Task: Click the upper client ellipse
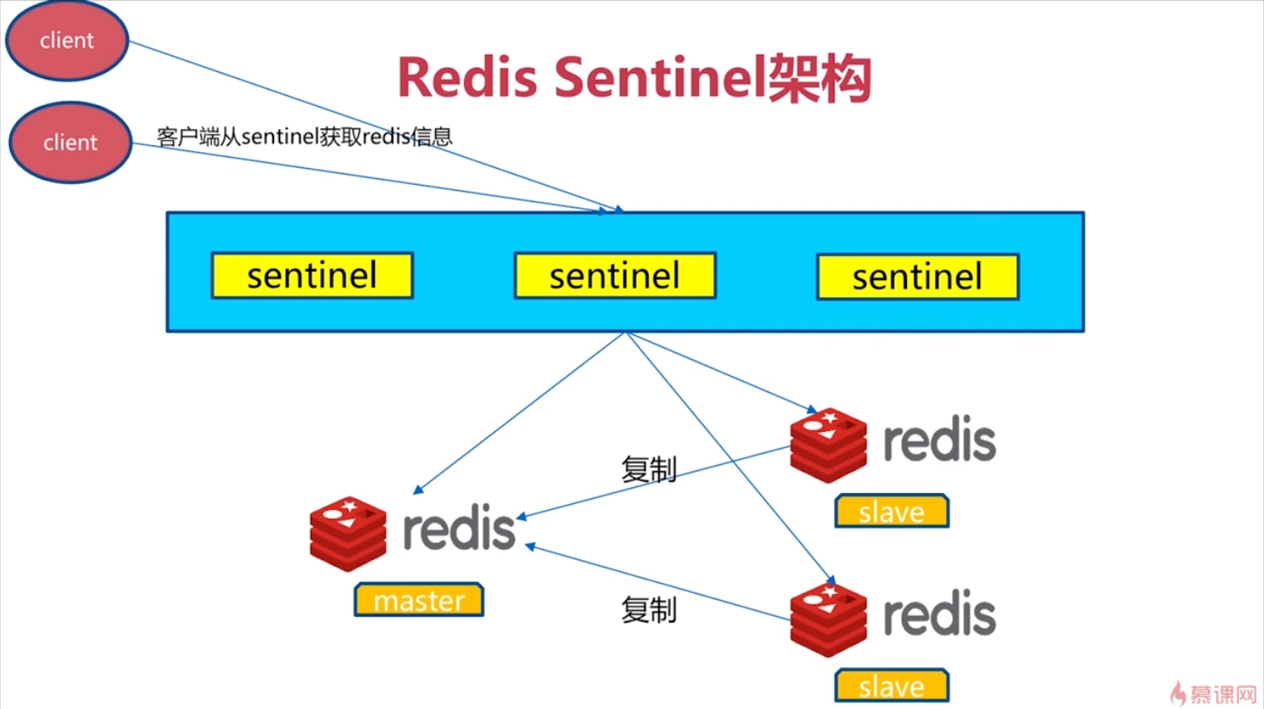pos(67,40)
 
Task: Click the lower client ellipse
pos(71,142)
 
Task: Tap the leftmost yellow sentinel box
pos(312,276)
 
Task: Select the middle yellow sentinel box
pos(615,276)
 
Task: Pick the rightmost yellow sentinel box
pos(918,276)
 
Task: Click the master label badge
pos(419,600)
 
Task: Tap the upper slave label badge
pos(892,511)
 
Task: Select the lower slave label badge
pos(892,685)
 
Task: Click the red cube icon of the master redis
pos(348,533)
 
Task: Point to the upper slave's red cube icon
pos(829,445)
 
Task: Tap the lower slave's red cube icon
pos(829,621)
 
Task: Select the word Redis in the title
pos(467,78)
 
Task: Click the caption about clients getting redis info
pos(305,136)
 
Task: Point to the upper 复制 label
pos(649,470)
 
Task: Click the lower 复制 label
pos(649,610)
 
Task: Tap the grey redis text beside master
pos(460,528)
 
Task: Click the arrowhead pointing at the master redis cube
pos(419,490)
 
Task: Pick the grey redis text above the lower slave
pos(940,612)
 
